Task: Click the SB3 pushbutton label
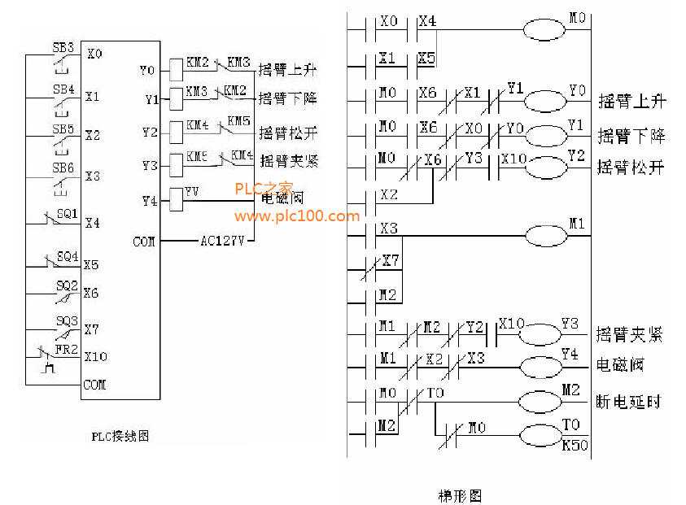(63, 46)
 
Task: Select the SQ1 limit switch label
(67, 214)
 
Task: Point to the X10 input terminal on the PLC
(95, 356)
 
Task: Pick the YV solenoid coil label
(192, 192)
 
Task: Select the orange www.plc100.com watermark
(296, 216)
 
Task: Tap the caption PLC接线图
(120, 437)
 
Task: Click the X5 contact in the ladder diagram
(427, 59)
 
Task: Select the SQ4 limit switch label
(67, 256)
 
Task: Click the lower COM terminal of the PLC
(94, 385)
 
